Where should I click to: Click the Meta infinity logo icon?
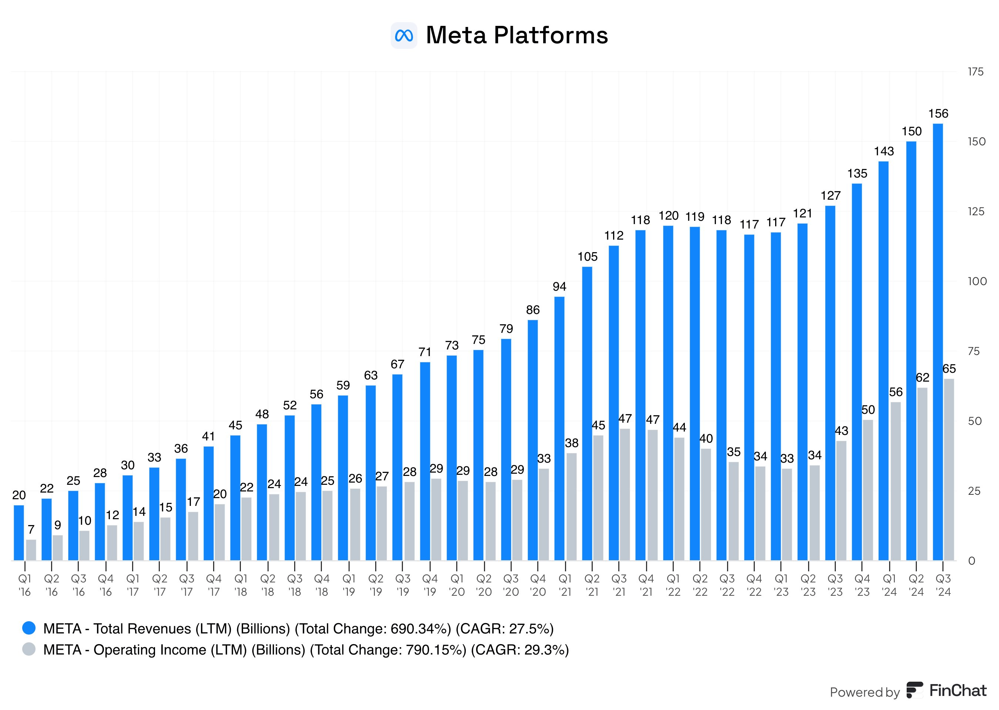[x=403, y=35]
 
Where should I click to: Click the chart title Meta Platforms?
[x=517, y=35]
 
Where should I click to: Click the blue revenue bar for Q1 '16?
[x=19, y=532]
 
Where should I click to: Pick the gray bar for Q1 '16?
[x=31, y=550]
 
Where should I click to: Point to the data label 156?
[x=938, y=114]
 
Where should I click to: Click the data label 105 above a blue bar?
[x=587, y=257]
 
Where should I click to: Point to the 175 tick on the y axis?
[x=975, y=72]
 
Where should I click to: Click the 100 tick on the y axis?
[x=977, y=281]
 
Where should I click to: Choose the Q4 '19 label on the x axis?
[x=430, y=585]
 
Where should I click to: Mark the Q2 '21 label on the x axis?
[x=592, y=585]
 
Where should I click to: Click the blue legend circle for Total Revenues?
[x=29, y=628]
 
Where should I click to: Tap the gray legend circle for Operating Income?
[x=29, y=649]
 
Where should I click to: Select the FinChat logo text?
[x=958, y=690]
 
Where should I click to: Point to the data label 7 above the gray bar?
[x=31, y=530]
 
